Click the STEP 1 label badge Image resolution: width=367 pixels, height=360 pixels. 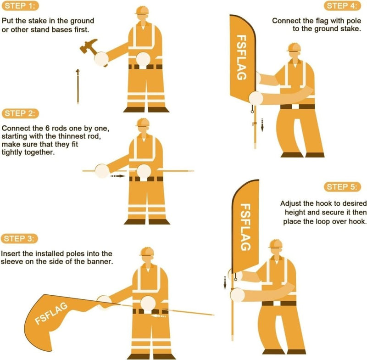pyautogui.click(x=20, y=6)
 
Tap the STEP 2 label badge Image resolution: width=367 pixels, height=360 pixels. pyautogui.click(x=20, y=113)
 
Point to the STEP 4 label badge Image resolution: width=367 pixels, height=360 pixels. pyautogui.click(x=344, y=6)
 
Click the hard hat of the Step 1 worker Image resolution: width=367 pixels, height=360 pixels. pyautogui.click(x=143, y=11)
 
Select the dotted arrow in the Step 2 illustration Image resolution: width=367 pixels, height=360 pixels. pyautogui.click(x=117, y=175)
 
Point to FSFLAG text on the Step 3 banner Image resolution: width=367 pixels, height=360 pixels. pyautogui.click(x=52, y=314)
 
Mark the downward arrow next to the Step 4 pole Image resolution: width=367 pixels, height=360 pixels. pyautogui.click(x=262, y=124)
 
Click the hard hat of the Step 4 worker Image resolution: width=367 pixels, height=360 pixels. pyautogui.click(x=293, y=47)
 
